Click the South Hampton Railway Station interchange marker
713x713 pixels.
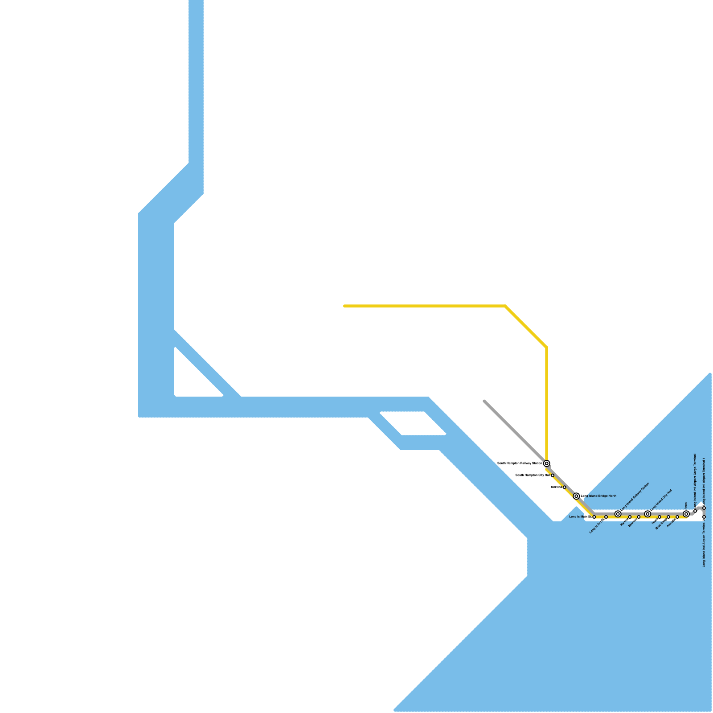pyautogui.click(x=546, y=463)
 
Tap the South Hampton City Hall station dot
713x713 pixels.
pyautogui.click(x=553, y=475)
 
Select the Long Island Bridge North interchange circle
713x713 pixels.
pyautogui.click(x=576, y=496)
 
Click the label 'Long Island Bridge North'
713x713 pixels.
pyautogui.click(x=598, y=496)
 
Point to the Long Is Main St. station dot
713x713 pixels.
pyautogui.click(x=594, y=517)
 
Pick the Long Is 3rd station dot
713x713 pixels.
pyautogui.click(x=606, y=517)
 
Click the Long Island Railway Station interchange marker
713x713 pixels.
pyautogui.click(x=618, y=514)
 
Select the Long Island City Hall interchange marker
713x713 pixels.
pyautogui.click(x=647, y=514)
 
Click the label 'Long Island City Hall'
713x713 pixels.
pyautogui.click(x=661, y=500)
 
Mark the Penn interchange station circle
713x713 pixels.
pyautogui.click(x=686, y=514)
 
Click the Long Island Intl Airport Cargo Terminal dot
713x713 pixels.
pyautogui.click(x=695, y=511)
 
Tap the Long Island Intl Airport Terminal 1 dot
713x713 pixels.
pyautogui.click(x=704, y=508)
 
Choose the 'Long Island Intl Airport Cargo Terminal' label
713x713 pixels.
pyautogui.click(x=695, y=481)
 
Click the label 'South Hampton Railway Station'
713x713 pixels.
pyautogui.click(x=520, y=463)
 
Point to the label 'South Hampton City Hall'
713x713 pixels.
pyautogui.click(x=533, y=475)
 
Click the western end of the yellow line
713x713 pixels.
pyautogui.click(x=344, y=306)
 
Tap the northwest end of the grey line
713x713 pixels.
pyautogui.click(x=484, y=401)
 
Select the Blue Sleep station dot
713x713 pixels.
pyautogui.click(x=668, y=517)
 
